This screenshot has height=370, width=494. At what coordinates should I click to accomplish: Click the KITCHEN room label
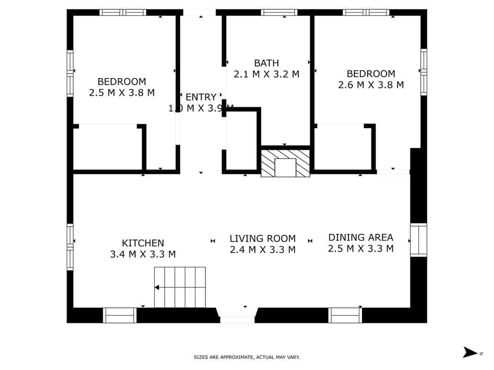tap(143, 243)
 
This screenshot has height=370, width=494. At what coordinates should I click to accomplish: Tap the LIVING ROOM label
tap(262, 238)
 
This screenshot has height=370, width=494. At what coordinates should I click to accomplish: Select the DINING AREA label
tap(361, 237)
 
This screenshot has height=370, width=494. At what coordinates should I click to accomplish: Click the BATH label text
tap(266, 63)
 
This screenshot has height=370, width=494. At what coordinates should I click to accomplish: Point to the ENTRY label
tap(201, 97)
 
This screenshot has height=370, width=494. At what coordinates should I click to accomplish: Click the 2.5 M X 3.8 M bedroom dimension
tap(122, 92)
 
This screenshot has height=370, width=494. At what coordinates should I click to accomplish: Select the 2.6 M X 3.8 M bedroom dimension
tap(370, 85)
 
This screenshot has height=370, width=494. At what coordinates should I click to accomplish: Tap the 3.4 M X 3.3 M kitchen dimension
tap(143, 254)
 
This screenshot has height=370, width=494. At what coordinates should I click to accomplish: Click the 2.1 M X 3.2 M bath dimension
tap(266, 74)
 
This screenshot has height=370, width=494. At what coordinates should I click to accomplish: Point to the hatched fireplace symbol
tap(285, 163)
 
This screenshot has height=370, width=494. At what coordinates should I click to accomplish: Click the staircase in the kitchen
tap(180, 287)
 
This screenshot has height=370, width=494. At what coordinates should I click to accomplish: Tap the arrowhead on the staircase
tap(157, 287)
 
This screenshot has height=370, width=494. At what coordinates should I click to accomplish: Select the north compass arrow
tap(470, 352)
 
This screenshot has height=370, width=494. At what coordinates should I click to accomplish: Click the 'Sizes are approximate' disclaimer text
tap(247, 357)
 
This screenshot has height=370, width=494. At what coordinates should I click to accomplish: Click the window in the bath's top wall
tap(279, 12)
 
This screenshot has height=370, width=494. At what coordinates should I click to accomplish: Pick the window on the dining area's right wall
tap(418, 240)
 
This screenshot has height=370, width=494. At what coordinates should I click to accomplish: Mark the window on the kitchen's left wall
tap(70, 247)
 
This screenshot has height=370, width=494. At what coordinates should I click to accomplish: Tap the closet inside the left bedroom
tap(108, 147)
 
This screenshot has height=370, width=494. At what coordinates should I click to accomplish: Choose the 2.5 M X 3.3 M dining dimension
tap(361, 249)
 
